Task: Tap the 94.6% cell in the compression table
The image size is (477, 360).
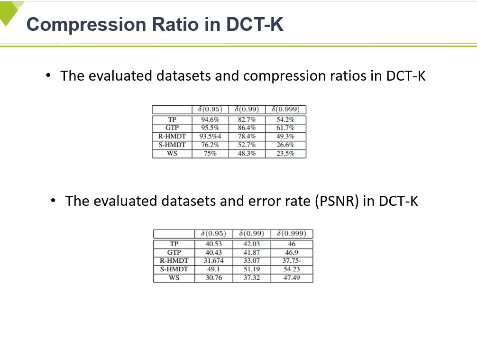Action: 210,120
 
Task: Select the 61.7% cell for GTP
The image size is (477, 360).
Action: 285,128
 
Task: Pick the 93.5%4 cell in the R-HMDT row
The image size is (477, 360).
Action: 210,136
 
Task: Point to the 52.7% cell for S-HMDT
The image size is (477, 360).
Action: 247,145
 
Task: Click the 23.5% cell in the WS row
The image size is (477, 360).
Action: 285,153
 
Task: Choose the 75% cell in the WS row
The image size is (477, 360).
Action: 210,153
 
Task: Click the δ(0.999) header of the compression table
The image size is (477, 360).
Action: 285,109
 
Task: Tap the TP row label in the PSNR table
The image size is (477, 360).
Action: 174,244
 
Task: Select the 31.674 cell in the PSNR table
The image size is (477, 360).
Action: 213,261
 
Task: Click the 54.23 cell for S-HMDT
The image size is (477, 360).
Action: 292,269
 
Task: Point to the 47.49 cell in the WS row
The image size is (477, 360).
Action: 292,278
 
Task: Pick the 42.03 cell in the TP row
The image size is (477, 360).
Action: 252,244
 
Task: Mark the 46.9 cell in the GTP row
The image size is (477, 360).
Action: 292,252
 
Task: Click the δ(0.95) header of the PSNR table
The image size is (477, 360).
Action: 213,233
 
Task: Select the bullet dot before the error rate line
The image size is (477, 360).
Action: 54,201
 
